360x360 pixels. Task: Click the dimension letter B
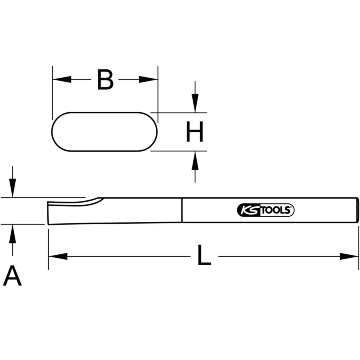pos(105,79)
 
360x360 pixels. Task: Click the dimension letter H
pos(195,131)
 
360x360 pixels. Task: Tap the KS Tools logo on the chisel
pos(266,210)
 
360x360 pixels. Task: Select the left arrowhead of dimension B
pos(62,79)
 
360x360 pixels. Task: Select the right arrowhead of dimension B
pos(148,79)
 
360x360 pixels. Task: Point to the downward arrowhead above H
pos(195,103)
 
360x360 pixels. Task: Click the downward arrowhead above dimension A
pos(13,188)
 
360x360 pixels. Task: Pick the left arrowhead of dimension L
pos(58,256)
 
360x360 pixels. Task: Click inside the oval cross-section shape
pos(105,132)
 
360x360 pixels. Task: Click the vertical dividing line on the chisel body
pos(182,210)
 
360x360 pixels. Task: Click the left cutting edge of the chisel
pos(48,213)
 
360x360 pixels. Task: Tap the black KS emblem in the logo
pos(248,210)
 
